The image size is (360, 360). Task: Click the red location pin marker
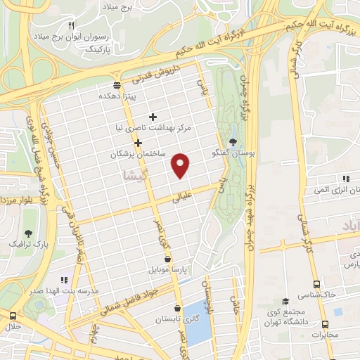tap(181, 165)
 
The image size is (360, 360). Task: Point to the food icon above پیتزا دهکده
tap(117, 85)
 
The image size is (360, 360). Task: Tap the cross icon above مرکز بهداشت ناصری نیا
tap(153, 117)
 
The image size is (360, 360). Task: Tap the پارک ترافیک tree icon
tap(28, 233)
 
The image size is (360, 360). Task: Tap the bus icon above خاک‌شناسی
tap(316, 284)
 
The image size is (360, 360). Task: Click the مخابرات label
tap(324, 334)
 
